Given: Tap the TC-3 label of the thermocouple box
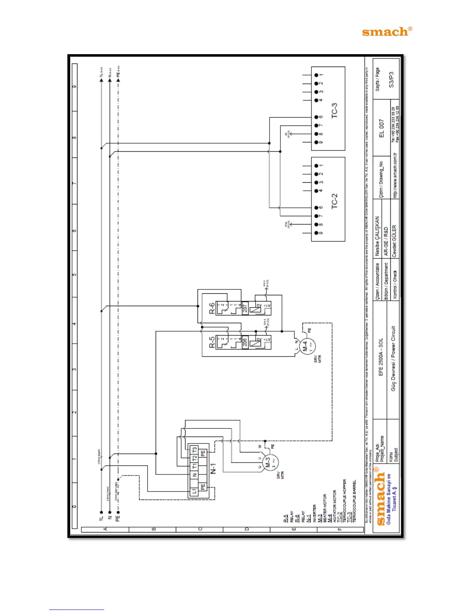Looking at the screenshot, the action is pos(334,110).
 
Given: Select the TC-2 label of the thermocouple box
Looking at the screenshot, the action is pos(334,201).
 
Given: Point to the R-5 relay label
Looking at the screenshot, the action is pos(212,342).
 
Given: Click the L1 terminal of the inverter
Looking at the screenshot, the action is pos(194,491).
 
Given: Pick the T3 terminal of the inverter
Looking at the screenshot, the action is pos(194,450).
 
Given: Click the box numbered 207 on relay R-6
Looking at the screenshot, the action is pos(245,308).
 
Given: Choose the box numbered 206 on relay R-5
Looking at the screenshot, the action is pos(245,342).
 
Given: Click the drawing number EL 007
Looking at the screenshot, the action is pos(381,128).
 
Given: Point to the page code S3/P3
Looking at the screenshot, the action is pos(391,79).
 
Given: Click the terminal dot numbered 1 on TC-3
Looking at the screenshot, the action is pos(316,75).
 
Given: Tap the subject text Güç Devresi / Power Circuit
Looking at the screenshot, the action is pos(393,358).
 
